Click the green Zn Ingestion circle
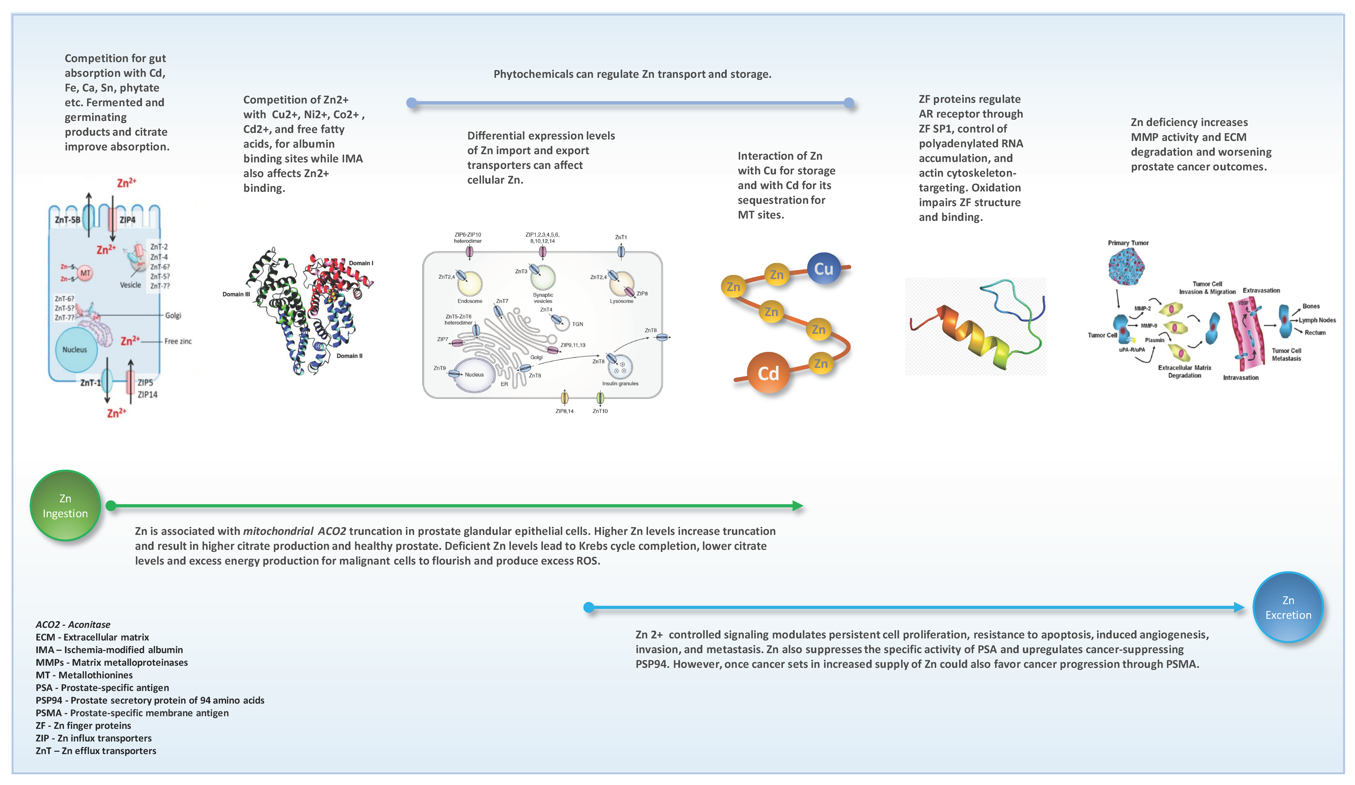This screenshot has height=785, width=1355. (x=65, y=505)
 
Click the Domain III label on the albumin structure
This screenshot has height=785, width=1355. (x=236, y=294)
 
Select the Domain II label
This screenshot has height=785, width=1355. (x=350, y=356)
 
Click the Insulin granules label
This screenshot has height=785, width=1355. (x=620, y=383)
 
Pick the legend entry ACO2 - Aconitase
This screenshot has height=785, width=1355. (x=73, y=624)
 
